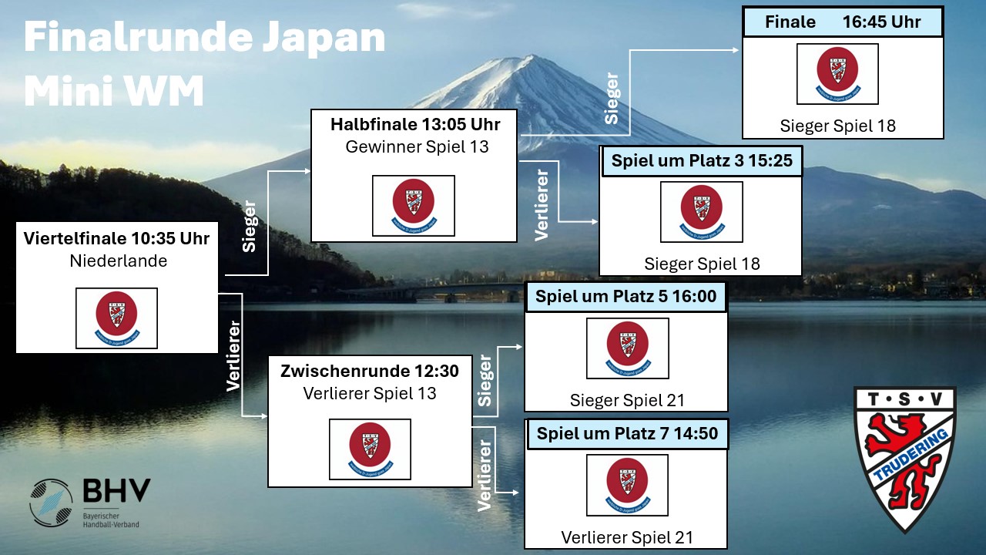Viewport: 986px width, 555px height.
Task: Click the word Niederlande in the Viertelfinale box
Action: pyautogui.click(x=118, y=261)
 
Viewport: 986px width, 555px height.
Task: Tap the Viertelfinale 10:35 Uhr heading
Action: pyautogui.click(x=116, y=238)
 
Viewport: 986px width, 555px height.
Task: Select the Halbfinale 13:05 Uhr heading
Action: pyautogui.click(x=415, y=124)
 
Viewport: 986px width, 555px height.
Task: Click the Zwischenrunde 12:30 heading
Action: pyautogui.click(x=370, y=372)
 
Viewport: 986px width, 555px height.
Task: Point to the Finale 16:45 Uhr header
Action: pyautogui.click(x=843, y=22)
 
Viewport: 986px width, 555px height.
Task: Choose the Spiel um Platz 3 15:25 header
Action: pyautogui.click(x=702, y=161)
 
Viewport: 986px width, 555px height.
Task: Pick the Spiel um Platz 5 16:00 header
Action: pyautogui.click(x=625, y=297)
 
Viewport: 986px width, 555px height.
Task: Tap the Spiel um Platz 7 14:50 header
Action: pyautogui.click(x=626, y=434)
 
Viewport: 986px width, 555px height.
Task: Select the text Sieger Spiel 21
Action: pyautogui.click(x=627, y=400)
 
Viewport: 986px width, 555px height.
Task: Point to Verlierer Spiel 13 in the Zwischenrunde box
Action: pyautogui.click(x=370, y=394)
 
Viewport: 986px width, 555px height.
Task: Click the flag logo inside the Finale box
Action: pyautogui.click(x=837, y=74)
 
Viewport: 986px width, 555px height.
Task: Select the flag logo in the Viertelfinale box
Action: pyautogui.click(x=116, y=318)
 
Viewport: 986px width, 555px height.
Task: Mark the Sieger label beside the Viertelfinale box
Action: pyautogui.click(x=249, y=228)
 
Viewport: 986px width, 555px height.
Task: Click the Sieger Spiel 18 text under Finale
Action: pyautogui.click(x=838, y=126)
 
